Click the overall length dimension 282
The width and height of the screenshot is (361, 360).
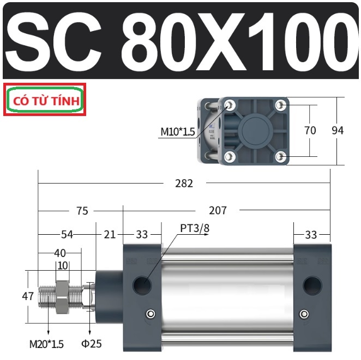[x=184, y=184]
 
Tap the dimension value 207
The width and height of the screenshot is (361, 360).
[x=218, y=210]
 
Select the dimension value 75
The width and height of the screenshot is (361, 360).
[x=82, y=211]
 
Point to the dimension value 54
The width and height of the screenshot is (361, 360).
[x=67, y=235]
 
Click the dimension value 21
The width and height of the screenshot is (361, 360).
[x=110, y=235]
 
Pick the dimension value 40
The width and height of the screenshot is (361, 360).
[x=60, y=253]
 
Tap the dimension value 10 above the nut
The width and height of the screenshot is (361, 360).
[x=63, y=266]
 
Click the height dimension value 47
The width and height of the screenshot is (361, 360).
[x=28, y=296]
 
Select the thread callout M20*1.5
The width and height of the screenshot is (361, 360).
[x=46, y=344]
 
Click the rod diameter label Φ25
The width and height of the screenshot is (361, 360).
[x=92, y=344]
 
